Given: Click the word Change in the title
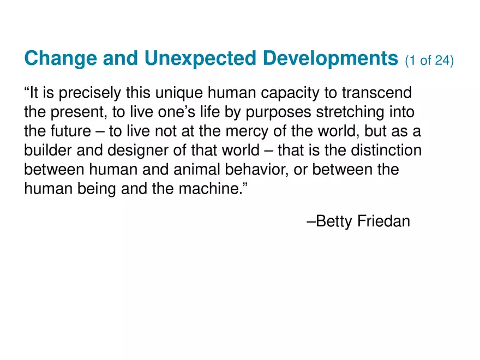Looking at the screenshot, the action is coord(61,58).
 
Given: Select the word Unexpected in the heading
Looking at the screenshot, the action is coord(200,58).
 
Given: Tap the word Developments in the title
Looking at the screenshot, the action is coord(331,58).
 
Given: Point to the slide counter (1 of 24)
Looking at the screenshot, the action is coord(429,61).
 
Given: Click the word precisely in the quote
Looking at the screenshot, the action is coord(89,93).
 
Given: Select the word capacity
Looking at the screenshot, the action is coord(290,93).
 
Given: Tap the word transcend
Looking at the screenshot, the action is coord(377,92).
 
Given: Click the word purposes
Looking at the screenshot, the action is coord(278,112).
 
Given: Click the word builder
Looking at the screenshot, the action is coord(48,150).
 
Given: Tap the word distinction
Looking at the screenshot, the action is coord(386,150).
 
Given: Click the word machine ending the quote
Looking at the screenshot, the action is coord(209,189).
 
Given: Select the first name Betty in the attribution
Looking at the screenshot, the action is coord(334,221).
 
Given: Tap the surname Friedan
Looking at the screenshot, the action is coord(383,221).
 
